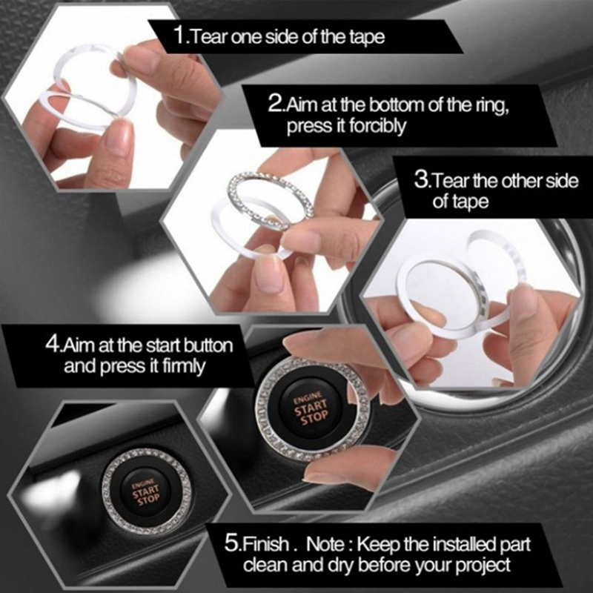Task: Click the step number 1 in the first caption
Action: click(x=179, y=36)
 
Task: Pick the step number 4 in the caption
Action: click(x=53, y=344)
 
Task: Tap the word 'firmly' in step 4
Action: click(x=184, y=366)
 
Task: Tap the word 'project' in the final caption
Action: click(x=483, y=566)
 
